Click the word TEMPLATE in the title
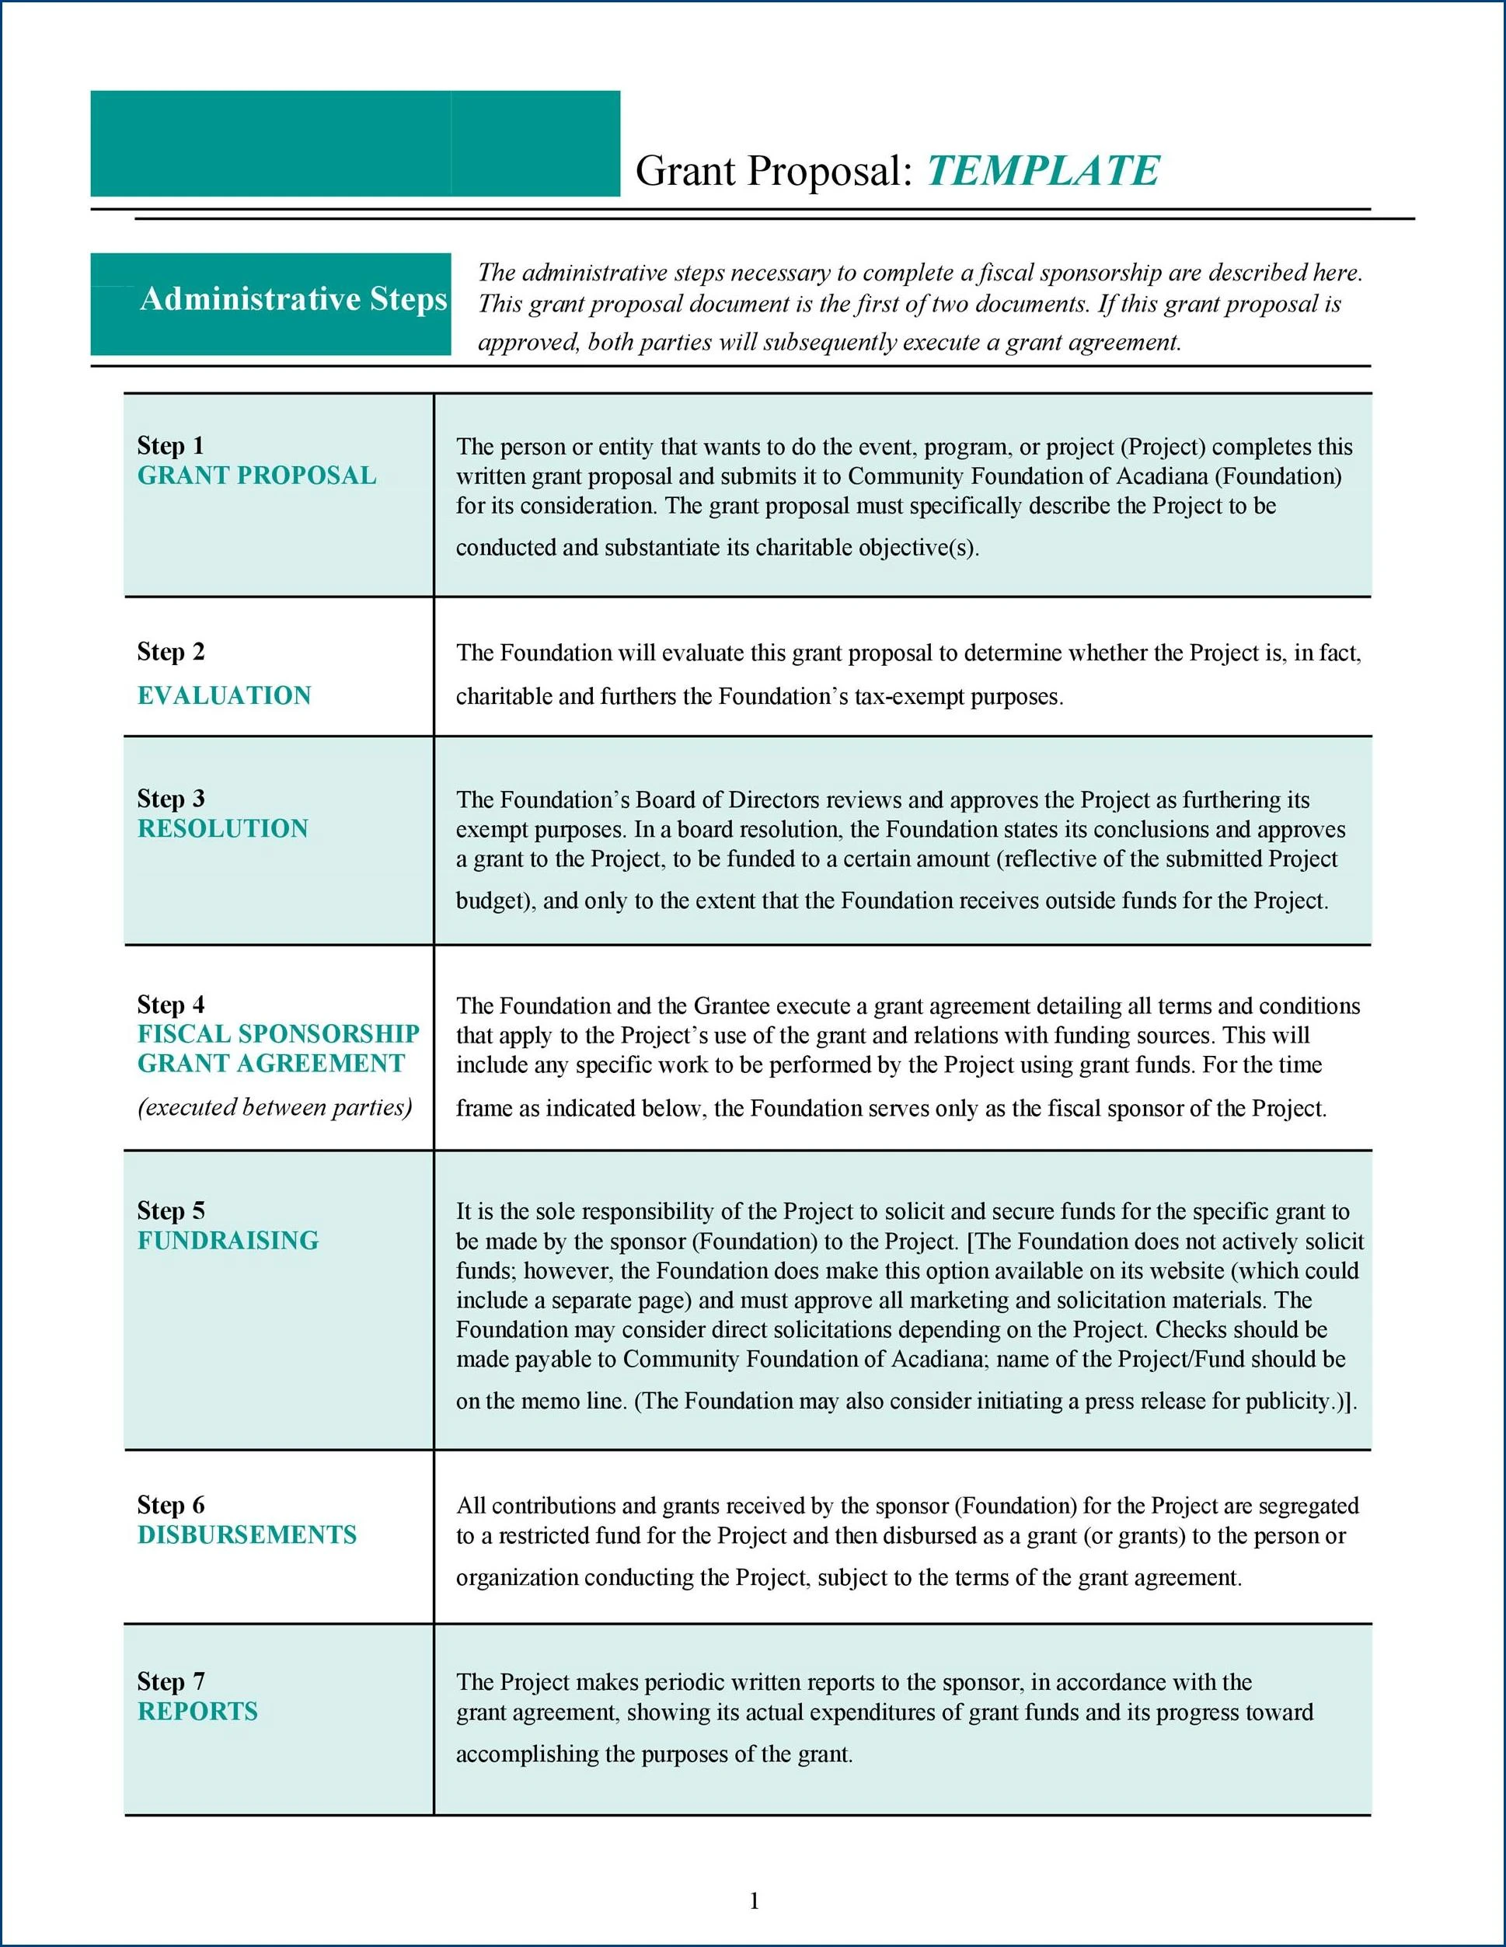click(x=1042, y=170)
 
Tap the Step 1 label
click(x=170, y=445)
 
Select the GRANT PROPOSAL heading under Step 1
click(x=256, y=475)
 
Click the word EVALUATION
click(x=224, y=695)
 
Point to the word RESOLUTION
click(x=223, y=828)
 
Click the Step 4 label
click(x=170, y=1005)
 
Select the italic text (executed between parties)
click(x=274, y=1107)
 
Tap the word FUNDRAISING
click(x=228, y=1240)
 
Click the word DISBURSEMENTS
click(x=247, y=1534)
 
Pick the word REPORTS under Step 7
click(x=198, y=1711)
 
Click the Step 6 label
click(x=170, y=1505)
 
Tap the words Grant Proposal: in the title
click(x=774, y=170)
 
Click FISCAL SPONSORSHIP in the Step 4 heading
click(x=278, y=1034)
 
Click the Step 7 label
click(x=170, y=1681)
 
